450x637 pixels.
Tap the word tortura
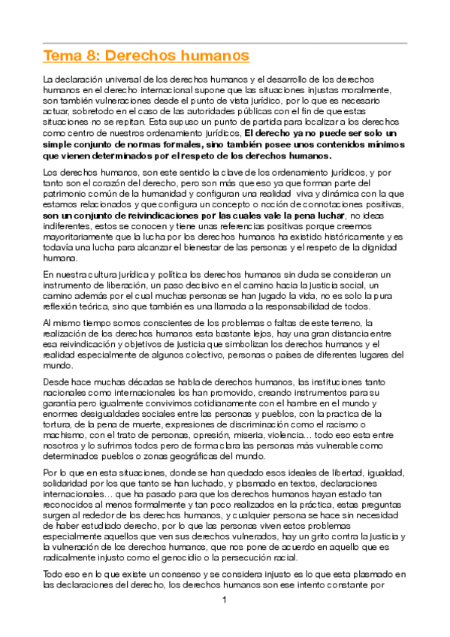(x=60, y=424)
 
